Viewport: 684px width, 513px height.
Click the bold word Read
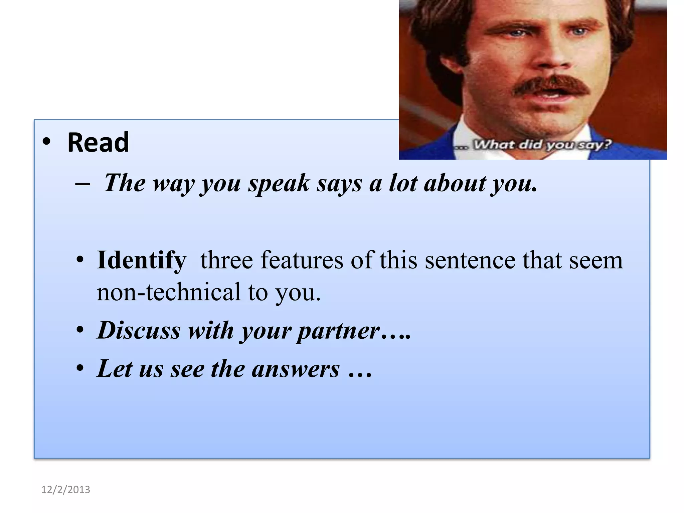click(98, 143)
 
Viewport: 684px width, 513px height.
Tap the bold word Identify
click(141, 261)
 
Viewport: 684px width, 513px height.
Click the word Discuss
click(139, 330)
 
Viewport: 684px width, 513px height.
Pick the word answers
click(296, 369)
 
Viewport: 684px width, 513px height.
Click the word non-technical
click(168, 292)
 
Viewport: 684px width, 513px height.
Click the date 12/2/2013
click(65, 490)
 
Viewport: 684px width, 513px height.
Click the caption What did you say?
click(543, 145)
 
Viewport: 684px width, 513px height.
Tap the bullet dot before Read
click(47, 142)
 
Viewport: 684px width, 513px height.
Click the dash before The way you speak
click(82, 184)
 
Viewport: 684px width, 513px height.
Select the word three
click(226, 260)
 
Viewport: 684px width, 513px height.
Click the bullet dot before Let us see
click(80, 369)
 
